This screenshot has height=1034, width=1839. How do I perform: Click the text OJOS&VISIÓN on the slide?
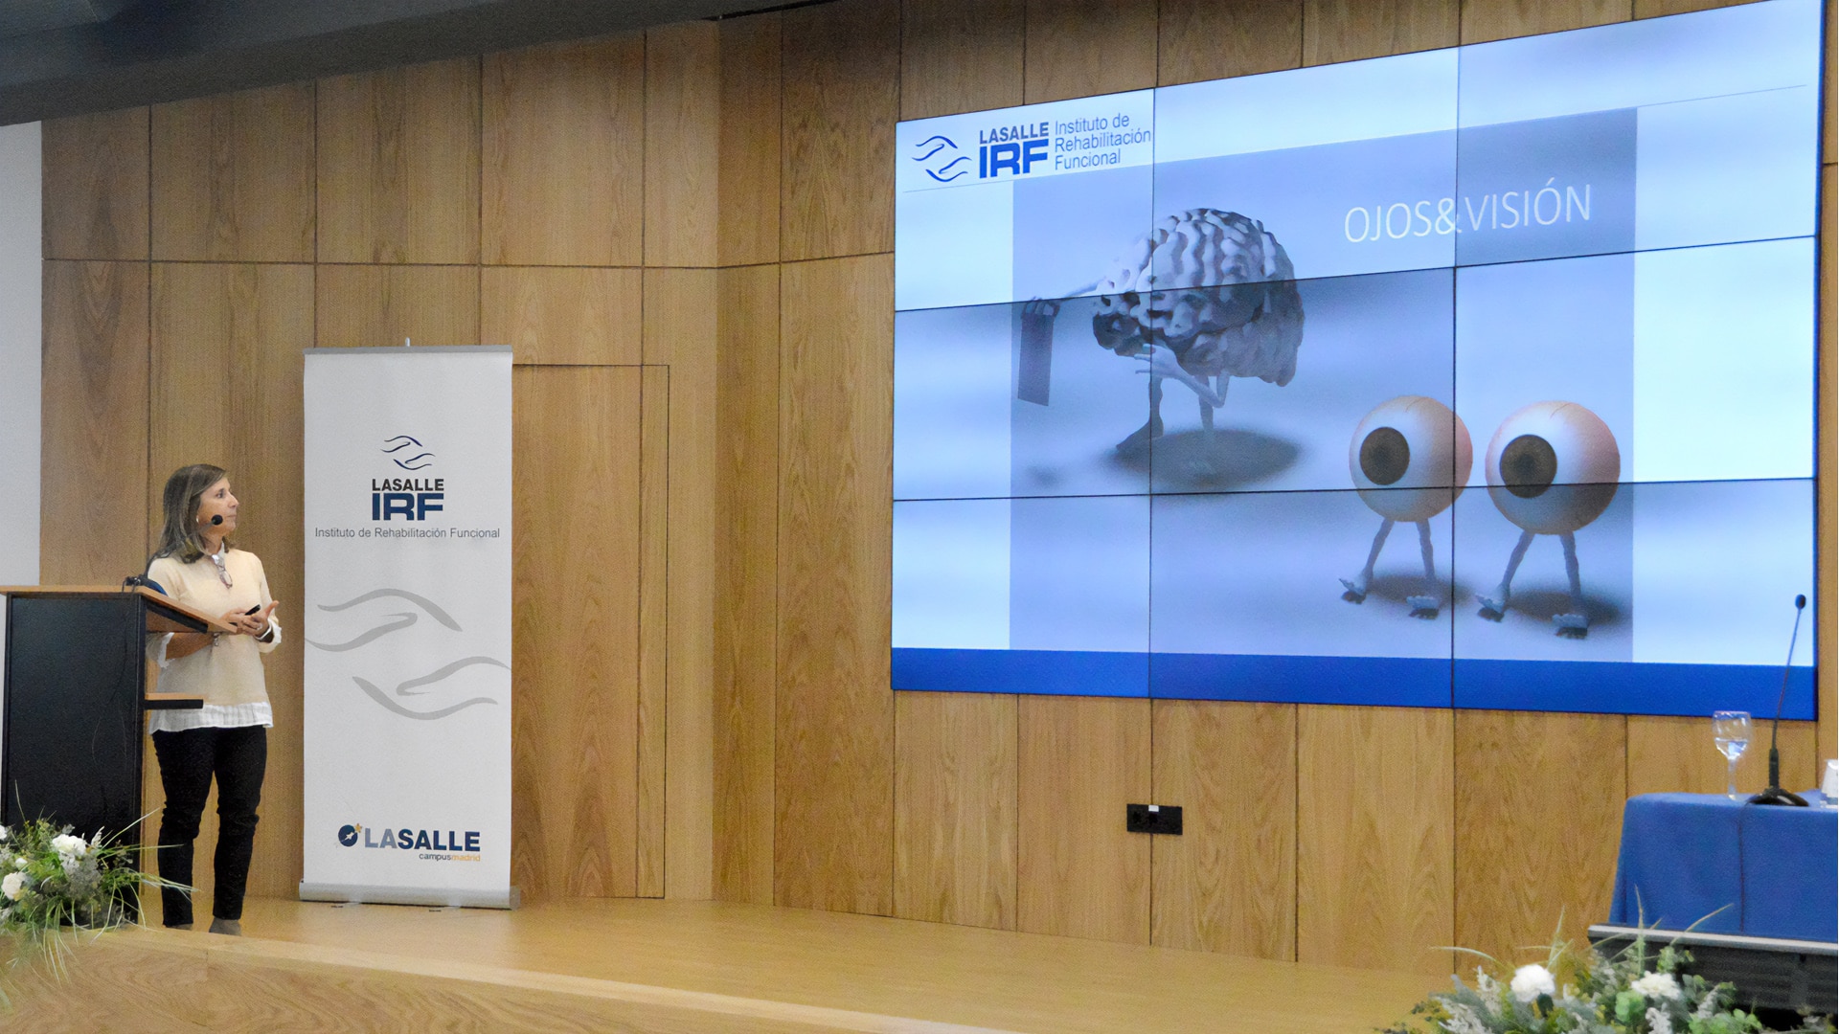click(x=1466, y=213)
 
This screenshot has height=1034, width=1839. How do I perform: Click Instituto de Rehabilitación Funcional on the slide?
click(x=1102, y=142)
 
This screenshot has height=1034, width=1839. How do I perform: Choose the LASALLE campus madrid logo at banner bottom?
click(x=409, y=842)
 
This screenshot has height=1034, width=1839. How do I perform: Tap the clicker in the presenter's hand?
click(x=251, y=608)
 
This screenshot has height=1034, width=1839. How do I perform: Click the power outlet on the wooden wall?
click(x=1153, y=819)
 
